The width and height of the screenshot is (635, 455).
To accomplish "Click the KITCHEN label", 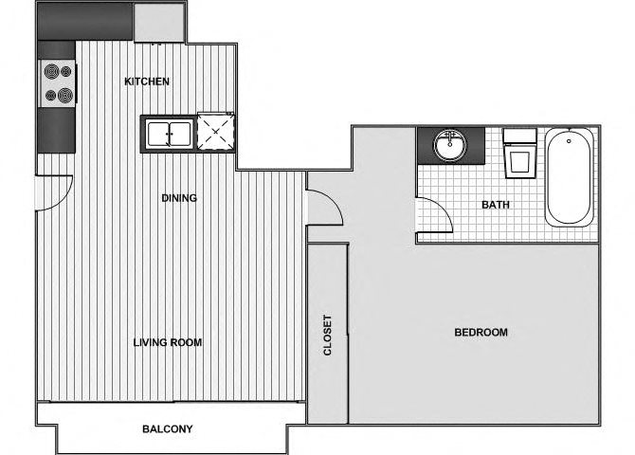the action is tap(147, 82).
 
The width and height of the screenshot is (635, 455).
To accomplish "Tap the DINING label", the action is tap(179, 198).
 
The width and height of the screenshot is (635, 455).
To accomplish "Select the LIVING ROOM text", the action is tap(168, 342).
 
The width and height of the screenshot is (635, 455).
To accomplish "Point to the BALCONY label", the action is tap(167, 428).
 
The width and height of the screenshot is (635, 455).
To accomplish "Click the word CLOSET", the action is tap(327, 335).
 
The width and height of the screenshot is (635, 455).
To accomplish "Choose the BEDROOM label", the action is tap(481, 332).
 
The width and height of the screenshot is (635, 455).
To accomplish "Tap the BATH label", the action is tap(496, 205).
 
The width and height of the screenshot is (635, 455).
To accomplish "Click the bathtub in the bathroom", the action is tap(569, 177).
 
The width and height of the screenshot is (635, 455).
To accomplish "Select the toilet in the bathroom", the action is tap(519, 154).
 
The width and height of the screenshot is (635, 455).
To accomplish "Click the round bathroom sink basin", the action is tap(449, 145).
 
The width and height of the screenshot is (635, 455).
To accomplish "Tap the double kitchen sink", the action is tap(169, 134).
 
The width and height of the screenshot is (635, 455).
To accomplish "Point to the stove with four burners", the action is tap(57, 83).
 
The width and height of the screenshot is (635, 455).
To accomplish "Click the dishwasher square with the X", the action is tap(215, 132).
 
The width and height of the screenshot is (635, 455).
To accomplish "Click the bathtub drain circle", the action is tap(569, 141).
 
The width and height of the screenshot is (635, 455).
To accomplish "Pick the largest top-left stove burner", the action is tap(51, 72).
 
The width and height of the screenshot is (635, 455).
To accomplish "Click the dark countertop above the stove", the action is tap(57, 50).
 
